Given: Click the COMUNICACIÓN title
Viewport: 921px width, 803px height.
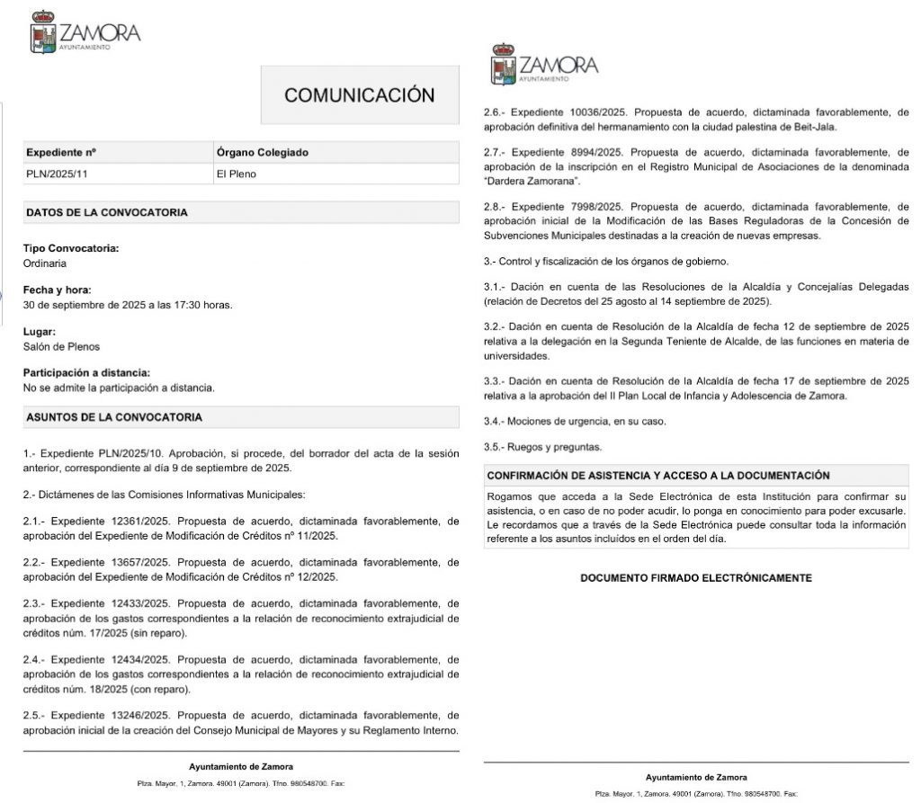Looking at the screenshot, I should click(x=359, y=95).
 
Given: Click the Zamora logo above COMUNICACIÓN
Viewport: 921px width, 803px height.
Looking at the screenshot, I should click(x=85, y=32).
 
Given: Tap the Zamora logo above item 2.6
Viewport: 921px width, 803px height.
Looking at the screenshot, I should click(x=544, y=65).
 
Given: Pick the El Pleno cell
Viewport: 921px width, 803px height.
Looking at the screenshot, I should click(x=237, y=174).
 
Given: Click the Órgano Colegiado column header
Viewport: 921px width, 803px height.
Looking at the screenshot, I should click(x=263, y=153).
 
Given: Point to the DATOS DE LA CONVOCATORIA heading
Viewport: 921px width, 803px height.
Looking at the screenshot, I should click(x=107, y=213).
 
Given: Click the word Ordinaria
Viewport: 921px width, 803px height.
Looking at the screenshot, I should click(x=45, y=263).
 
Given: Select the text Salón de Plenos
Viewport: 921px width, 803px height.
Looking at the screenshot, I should click(x=61, y=346).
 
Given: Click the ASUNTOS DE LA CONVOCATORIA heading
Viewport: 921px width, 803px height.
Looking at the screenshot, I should click(x=114, y=417).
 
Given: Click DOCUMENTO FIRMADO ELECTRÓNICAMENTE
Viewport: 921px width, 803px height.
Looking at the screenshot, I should click(x=696, y=578).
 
